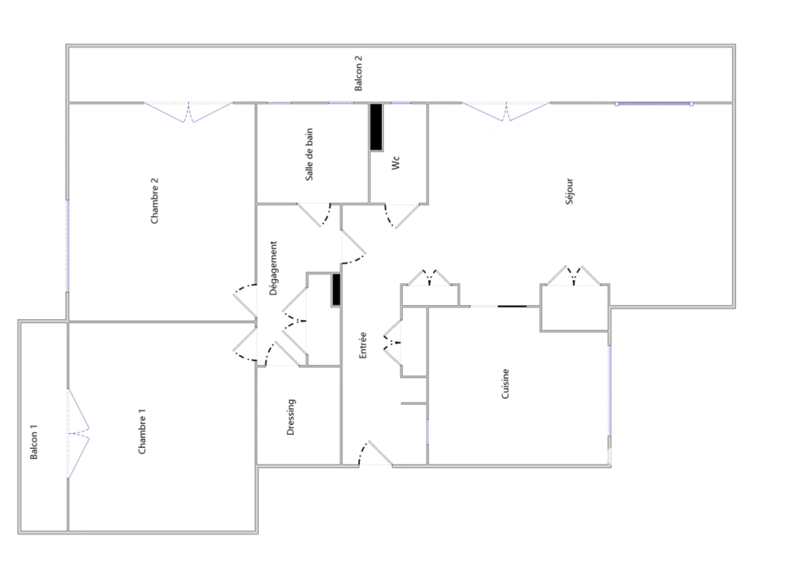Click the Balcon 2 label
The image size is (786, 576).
[x=358, y=73]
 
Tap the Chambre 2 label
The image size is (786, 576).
[x=154, y=201]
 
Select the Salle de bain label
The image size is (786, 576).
[x=309, y=154]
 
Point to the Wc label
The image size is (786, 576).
[x=396, y=163]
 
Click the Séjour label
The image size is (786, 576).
[x=569, y=191]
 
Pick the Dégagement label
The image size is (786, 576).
[x=273, y=268]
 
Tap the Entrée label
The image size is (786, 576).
[x=363, y=345]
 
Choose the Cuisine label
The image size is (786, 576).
[x=505, y=383]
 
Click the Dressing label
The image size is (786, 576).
[x=291, y=416]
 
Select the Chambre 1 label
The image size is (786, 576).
[x=142, y=431]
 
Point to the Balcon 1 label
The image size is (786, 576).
[x=34, y=442]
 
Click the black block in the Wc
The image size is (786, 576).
[x=376, y=127]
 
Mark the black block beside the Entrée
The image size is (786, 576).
[x=336, y=289]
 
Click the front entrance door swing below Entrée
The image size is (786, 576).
[x=375, y=454]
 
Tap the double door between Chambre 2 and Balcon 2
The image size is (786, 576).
[x=188, y=112]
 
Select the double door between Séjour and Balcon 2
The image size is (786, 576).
[x=506, y=112]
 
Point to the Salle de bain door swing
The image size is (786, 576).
[x=314, y=215]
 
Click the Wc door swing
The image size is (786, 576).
[x=401, y=216]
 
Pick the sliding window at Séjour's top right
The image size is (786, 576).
[x=654, y=104]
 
